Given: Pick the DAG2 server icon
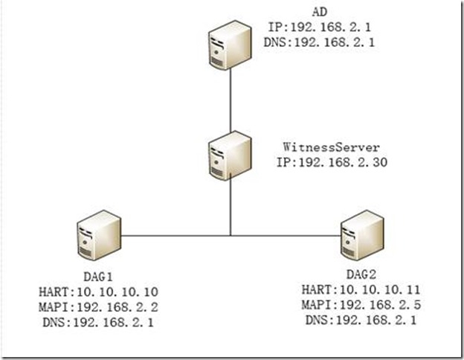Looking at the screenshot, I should click(361, 237).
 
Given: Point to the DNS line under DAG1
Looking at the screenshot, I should click(94, 321).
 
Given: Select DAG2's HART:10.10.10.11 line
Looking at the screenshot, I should click(361, 289).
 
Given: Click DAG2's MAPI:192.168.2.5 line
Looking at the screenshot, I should click(361, 305).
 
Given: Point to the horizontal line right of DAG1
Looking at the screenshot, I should click(171, 237).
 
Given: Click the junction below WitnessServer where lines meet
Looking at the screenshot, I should click(231, 237).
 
